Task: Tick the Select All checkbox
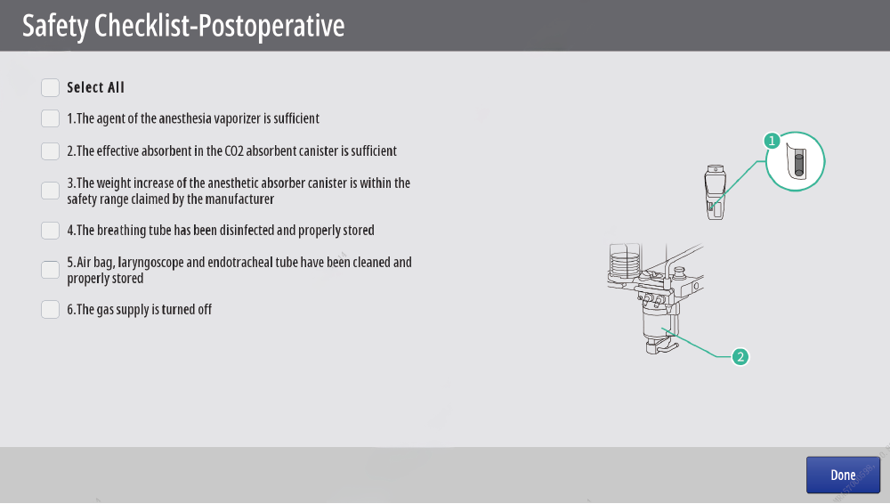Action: [x=50, y=87]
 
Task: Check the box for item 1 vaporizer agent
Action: [x=50, y=118]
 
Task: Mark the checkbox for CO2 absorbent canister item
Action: [x=50, y=151]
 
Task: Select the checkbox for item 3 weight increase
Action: [x=50, y=191]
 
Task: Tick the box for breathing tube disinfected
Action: [x=50, y=230]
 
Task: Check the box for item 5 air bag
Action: [x=50, y=270]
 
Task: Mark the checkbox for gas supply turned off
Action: [x=50, y=310]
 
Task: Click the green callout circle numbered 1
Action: [x=772, y=141]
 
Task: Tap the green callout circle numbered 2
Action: [x=740, y=357]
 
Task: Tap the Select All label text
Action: [x=95, y=87]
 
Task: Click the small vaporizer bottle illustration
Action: [x=716, y=192]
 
